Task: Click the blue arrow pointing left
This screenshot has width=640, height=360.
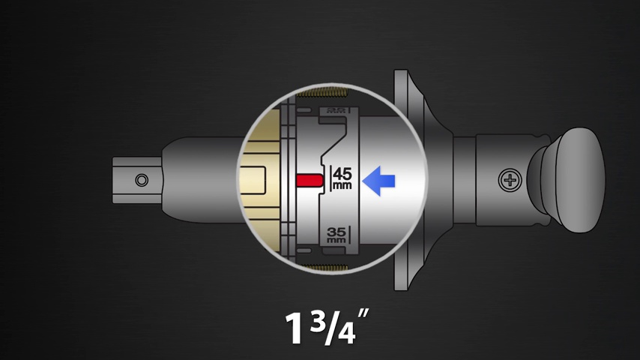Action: (378, 181)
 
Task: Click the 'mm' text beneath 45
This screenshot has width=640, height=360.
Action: (342, 184)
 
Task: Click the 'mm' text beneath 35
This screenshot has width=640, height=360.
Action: (336, 241)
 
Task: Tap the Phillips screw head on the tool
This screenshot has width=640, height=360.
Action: (510, 180)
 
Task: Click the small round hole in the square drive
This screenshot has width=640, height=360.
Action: (142, 180)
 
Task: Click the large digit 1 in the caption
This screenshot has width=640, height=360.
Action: (293, 327)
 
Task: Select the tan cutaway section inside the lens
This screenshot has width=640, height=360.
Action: (262, 180)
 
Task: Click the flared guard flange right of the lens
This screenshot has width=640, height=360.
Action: (408, 180)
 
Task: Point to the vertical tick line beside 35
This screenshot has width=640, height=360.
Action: (348, 234)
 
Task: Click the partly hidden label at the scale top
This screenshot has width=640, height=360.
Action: (335, 109)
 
